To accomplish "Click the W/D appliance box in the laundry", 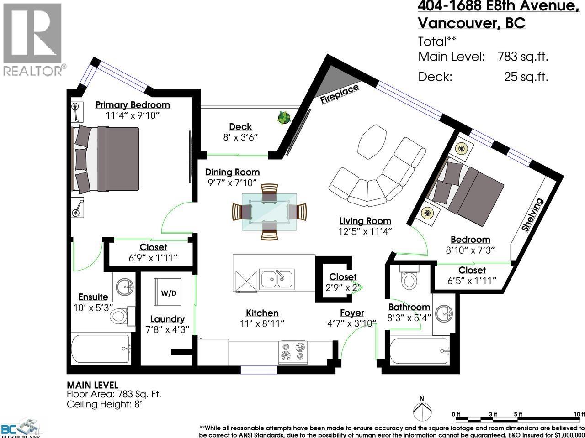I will coord(168,292).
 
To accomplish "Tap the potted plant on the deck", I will coord(284,118).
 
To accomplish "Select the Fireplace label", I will coord(340,94).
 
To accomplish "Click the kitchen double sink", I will coord(277,278).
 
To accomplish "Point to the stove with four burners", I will coord(292,351).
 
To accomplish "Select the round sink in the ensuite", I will coord(124,287).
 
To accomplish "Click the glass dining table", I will coord(269,212).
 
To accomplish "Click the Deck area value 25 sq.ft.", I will coord(526,77).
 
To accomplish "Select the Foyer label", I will coord(352,313).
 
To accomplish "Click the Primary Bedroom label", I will coord(133,105).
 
